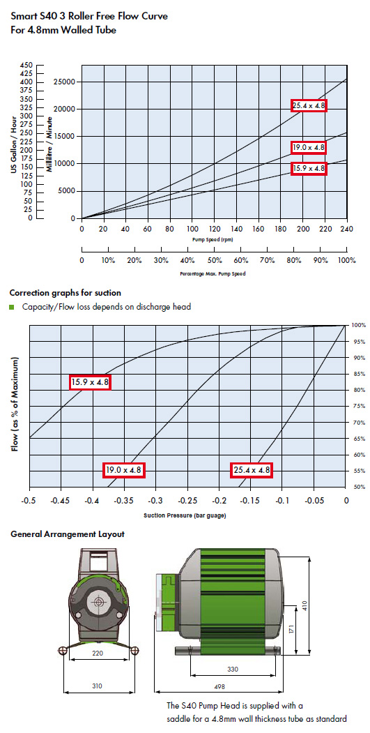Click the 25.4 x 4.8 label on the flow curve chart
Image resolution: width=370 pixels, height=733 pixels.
pyautogui.click(x=309, y=105)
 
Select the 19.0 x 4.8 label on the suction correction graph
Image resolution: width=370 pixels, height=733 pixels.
pyautogui.click(x=124, y=470)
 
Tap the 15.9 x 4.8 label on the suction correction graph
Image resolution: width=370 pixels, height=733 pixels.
pyautogui.click(x=90, y=382)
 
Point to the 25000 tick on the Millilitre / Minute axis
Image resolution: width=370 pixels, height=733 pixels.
pyautogui.click(x=66, y=82)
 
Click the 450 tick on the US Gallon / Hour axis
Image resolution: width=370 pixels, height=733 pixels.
pyautogui.click(x=26, y=65)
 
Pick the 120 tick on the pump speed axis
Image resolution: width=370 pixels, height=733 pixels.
pyautogui.click(x=214, y=229)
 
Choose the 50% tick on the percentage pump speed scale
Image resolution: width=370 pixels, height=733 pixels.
pyautogui.click(x=214, y=260)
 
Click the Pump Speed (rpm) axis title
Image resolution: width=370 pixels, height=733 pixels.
pyautogui.click(x=213, y=239)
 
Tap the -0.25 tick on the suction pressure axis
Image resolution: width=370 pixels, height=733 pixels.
pyautogui.click(x=187, y=500)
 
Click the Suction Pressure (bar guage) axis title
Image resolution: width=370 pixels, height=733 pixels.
pyautogui.click(x=187, y=516)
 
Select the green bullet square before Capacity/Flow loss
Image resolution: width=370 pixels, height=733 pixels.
pyautogui.click(x=12, y=307)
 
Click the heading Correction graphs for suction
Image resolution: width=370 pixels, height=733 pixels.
pyautogui.click(x=65, y=293)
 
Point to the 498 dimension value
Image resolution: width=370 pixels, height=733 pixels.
pyautogui.click(x=219, y=687)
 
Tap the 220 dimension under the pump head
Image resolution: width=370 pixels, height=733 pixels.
pyautogui.click(x=98, y=653)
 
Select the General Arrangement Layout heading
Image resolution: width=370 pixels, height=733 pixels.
pyautogui.click(x=68, y=534)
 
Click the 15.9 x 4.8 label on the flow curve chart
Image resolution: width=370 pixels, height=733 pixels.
pyautogui.click(x=309, y=168)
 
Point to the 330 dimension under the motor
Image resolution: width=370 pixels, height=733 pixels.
pyautogui.click(x=233, y=670)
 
